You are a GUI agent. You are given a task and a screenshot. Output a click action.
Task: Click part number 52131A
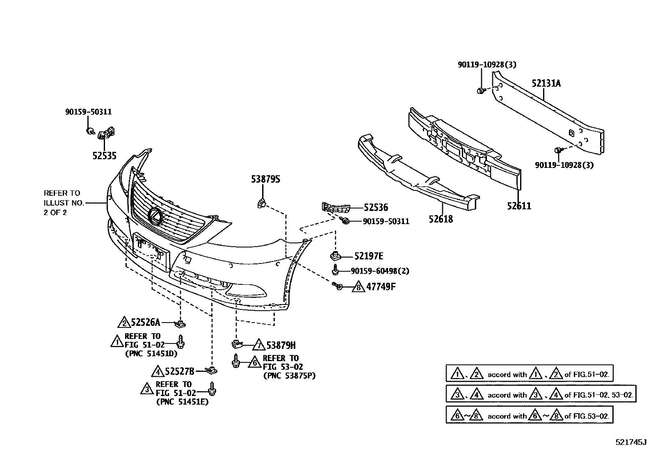(x=546, y=83)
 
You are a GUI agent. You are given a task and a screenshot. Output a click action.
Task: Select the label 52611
(x=518, y=206)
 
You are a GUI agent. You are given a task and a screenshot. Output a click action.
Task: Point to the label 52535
(x=104, y=156)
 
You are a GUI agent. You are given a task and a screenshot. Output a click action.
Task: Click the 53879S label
(x=265, y=179)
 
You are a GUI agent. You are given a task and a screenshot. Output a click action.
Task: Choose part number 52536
(x=375, y=208)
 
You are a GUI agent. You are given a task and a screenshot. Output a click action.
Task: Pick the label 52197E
(x=368, y=256)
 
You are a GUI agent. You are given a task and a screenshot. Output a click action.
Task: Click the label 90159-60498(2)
(x=380, y=271)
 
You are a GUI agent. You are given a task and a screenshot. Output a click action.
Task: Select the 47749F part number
(x=381, y=286)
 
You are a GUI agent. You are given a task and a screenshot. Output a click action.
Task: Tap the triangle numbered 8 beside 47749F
(x=358, y=287)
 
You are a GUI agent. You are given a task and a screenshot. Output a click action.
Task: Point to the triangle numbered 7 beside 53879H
(x=258, y=345)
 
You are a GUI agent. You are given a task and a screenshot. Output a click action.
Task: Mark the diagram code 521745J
(x=630, y=442)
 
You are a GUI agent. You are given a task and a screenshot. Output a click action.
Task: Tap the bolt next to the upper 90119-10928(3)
(x=480, y=90)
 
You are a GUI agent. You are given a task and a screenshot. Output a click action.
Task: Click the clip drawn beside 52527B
(x=211, y=371)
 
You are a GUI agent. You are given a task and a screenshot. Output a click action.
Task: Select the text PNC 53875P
(x=289, y=375)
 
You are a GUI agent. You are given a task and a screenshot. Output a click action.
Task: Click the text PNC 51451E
(x=182, y=402)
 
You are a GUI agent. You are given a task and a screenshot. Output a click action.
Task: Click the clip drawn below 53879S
(x=262, y=202)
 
